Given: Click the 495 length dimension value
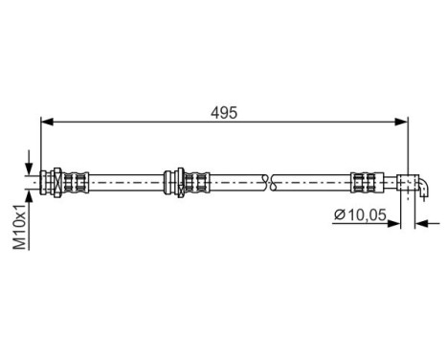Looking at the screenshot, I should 224,111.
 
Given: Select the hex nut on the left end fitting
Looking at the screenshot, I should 58,178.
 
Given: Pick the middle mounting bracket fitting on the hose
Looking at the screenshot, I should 181,178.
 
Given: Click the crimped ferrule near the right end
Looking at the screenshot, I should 364,178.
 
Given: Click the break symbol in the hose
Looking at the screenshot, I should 267,178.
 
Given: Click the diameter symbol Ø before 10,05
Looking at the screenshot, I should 340,215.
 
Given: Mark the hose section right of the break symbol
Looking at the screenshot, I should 311,178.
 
